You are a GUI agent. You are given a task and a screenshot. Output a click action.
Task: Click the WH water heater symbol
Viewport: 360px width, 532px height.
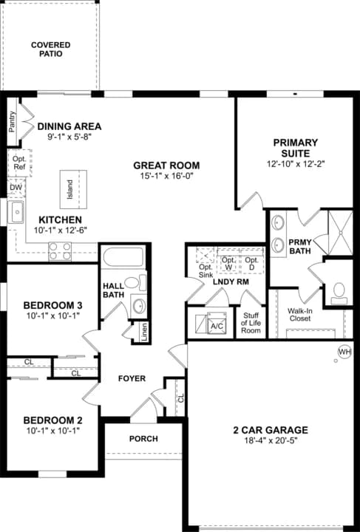(344, 351)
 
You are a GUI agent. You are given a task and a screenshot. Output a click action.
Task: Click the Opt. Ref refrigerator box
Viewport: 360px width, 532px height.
(18, 163)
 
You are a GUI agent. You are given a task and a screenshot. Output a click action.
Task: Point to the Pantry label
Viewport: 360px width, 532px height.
(12, 120)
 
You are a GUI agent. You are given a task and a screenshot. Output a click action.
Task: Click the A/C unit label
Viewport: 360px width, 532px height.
(217, 326)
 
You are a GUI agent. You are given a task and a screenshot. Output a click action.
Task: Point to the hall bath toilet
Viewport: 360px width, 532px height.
(132, 282)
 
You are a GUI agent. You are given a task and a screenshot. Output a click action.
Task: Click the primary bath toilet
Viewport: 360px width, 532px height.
(340, 290)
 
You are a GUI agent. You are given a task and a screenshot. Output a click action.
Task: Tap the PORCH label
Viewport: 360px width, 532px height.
(143, 439)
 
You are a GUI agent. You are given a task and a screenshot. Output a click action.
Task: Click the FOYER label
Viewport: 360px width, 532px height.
(132, 379)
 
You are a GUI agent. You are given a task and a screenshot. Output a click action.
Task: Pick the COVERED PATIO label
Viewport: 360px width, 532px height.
(51, 50)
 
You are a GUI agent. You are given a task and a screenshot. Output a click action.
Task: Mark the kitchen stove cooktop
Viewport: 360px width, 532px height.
(60, 251)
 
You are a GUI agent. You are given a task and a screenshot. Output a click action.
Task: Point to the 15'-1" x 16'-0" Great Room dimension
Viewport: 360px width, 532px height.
(166, 177)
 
